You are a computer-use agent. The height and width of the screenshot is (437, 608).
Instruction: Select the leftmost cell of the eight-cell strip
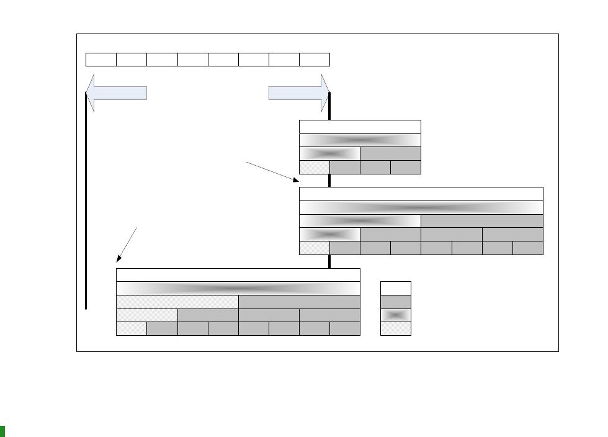(101, 60)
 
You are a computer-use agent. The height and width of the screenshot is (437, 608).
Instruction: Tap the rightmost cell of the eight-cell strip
(315, 60)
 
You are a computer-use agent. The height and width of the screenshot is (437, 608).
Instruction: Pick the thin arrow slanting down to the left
(127, 245)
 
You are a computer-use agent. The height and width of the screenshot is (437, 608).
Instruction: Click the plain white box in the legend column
(395, 288)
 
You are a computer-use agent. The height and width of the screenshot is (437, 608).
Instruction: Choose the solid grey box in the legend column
(395, 302)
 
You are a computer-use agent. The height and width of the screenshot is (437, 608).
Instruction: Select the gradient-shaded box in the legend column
(395, 315)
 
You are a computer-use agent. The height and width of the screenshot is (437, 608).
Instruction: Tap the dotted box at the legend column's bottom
(395, 328)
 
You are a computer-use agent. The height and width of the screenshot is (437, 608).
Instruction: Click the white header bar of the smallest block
(360, 127)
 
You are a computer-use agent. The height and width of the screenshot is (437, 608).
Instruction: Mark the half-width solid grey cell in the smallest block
(390, 153)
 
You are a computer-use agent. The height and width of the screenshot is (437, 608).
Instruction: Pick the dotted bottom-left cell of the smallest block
(314, 167)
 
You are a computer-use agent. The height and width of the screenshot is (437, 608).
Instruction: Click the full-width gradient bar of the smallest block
(360, 140)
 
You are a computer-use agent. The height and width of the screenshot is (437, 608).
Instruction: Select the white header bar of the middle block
(421, 194)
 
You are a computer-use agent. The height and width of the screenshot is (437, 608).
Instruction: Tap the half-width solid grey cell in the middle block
(482, 221)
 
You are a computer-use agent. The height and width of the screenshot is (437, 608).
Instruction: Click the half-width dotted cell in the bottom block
(177, 302)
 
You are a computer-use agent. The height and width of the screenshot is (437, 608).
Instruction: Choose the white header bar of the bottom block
(238, 275)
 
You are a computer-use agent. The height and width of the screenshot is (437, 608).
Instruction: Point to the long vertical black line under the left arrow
(86, 205)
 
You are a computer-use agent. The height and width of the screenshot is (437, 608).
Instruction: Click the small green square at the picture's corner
(2, 431)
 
